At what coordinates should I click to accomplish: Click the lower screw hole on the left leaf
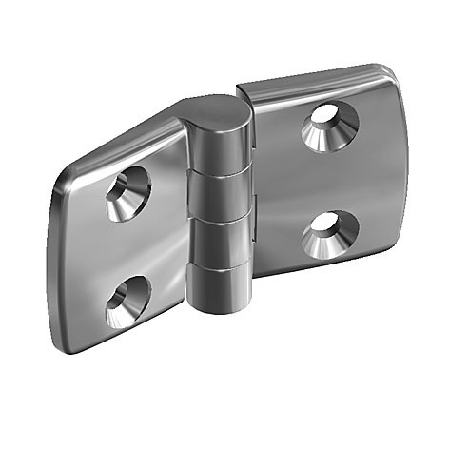click(x=126, y=302)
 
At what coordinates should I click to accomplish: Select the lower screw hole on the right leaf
click(x=329, y=234)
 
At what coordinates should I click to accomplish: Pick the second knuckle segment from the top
click(x=219, y=197)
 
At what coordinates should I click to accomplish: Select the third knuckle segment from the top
click(x=219, y=243)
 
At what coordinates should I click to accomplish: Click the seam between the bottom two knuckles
click(x=219, y=267)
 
